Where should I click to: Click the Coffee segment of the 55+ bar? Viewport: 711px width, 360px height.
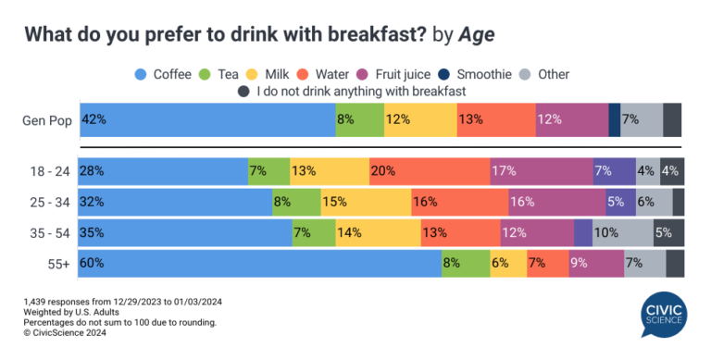coord(260,263)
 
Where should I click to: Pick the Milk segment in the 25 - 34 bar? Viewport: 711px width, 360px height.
coord(365,202)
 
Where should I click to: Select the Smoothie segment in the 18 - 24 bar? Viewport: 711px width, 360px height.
coord(614,171)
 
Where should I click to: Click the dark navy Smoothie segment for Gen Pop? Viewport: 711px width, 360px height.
coord(614,120)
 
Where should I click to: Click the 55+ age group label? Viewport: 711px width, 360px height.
coord(58,263)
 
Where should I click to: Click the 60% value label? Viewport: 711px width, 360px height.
coord(93,263)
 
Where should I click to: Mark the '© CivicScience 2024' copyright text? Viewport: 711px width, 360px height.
coord(68,333)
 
